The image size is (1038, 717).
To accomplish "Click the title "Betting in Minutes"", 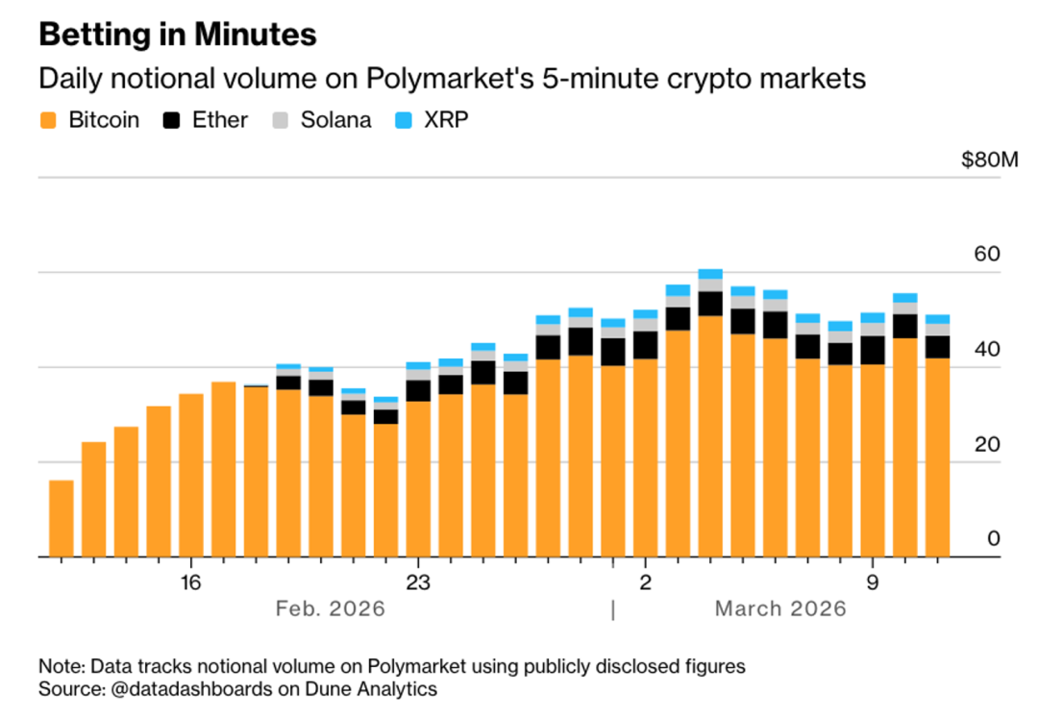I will (x=177, y=35).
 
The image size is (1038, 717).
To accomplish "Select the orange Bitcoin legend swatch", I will (x=49, y=120).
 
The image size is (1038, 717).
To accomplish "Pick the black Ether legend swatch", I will (x=173, y=120).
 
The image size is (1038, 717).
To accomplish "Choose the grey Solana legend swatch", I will (x=281, y=120).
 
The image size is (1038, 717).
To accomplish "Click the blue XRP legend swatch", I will (x=405, y=120).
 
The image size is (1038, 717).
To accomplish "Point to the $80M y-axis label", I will (x=988, y=160).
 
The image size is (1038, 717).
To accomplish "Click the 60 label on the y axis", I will (x=987, y=255).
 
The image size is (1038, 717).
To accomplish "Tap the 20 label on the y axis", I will (x=987, y=445).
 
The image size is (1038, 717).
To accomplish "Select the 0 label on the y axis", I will (x=993, y=539).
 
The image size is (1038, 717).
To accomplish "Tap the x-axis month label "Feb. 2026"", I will (x=330, y=608).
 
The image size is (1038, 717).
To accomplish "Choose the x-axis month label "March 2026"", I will (x=780, y=608).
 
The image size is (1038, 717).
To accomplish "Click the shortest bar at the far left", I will (x=62, y=519).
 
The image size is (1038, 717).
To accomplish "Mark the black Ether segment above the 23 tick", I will (x=418, y=390).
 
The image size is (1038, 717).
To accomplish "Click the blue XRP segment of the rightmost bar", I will (x=937, y=319).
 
